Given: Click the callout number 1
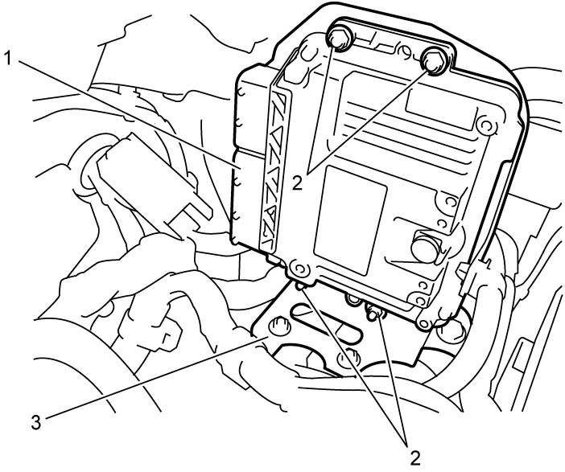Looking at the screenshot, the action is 9,59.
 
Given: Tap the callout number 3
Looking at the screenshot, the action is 36,422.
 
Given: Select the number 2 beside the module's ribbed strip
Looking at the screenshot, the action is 297,183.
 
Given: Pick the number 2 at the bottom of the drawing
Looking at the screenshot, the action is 415,458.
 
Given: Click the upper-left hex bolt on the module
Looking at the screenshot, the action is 340,39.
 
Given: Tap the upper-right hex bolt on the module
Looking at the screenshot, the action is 434,60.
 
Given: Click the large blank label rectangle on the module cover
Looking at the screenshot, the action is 350,220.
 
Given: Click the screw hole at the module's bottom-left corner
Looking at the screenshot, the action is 299,269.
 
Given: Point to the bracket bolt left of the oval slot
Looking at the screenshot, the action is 280,326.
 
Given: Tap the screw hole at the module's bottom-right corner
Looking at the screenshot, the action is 425,323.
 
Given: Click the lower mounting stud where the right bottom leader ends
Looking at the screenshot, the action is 373,313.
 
